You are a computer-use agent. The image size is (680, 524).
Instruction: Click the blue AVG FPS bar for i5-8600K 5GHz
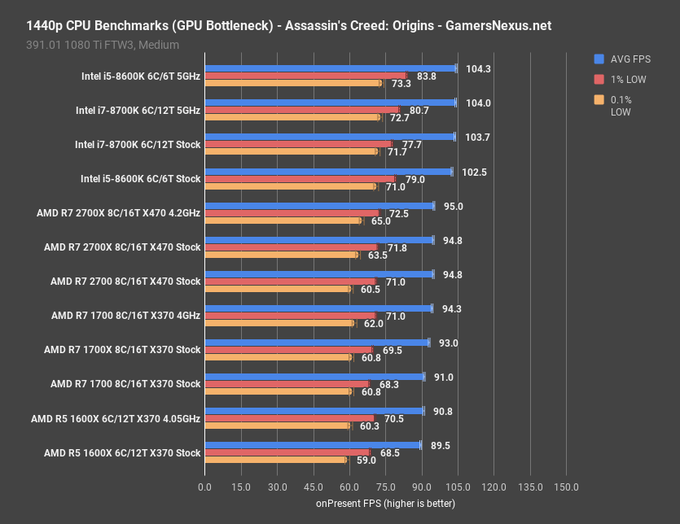pyautogui.click(x=330, y=68)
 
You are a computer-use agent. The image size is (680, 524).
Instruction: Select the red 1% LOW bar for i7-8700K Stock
pyautogui.click(x=298, y=144)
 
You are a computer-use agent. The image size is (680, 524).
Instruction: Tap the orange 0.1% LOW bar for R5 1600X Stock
pyautogui.click(x=275, y=460)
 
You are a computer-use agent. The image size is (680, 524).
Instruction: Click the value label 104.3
pyautogui.click(x=479, y=68)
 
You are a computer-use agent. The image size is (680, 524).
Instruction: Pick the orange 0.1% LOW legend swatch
pyautogui.click(x=599, y=100)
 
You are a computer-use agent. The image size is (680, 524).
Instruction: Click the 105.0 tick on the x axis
pyautogui.click(x=458, y=487)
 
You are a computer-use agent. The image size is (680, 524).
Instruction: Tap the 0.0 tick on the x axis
pyautogui.click(x=204, y=487)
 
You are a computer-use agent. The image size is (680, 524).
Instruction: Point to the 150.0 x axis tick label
pyautogui.click(x=566, y=487)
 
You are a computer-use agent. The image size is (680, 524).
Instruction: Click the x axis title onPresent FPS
pyautogui.click(x=385, y=504)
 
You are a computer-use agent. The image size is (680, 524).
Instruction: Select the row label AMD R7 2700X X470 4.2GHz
pyautogui.click(x=118, y=213)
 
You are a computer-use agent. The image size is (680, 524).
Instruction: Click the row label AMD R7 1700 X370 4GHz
pyautogui.click(x=125, y=316)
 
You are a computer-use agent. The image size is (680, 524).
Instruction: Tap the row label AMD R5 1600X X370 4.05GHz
pyautogui.click(x=116, y=418)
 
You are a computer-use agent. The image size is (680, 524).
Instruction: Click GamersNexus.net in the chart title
pyautogui.click(x=498, y=26)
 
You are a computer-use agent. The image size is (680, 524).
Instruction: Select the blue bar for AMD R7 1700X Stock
pyautogui.click(x=317, y=343)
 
